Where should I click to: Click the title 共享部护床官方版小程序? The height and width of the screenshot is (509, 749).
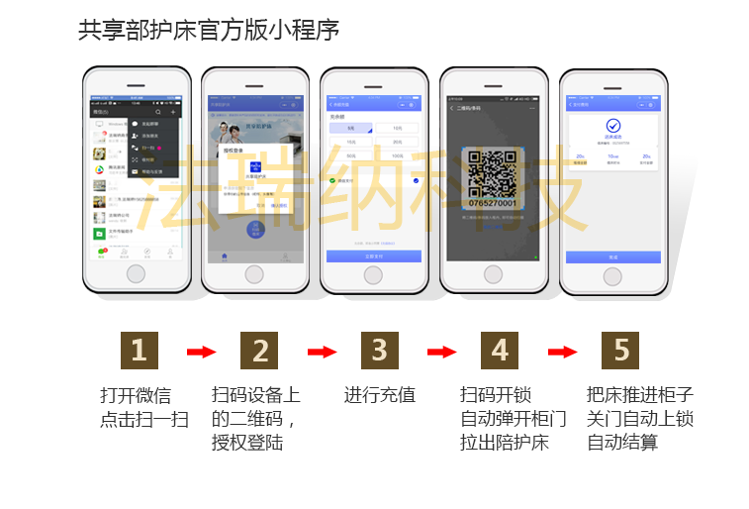point(209,31)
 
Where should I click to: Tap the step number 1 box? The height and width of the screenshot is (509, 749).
point(139,351)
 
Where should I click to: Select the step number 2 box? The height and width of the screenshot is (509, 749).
point(260,351)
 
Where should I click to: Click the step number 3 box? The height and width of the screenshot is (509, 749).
point(380,351)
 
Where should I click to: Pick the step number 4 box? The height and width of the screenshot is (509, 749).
point(500,351)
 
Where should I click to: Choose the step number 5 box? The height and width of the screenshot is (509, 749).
point(620,351)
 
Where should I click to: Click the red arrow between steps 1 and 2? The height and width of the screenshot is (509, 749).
point(201,352)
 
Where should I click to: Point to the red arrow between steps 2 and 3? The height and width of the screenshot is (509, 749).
point(322,352)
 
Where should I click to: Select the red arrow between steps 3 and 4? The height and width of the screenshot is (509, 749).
point(441,352)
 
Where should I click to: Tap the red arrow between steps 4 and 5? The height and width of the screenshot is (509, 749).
point(562,352)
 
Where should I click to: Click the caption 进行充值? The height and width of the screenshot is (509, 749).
point(380,395)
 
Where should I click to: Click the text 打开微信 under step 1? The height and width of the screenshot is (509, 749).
point(136,395)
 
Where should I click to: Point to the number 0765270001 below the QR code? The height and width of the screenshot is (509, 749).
point(492,203)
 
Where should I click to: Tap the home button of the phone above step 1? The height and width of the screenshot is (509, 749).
point(137,273)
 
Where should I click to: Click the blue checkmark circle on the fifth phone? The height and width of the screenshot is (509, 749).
point(613,126)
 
